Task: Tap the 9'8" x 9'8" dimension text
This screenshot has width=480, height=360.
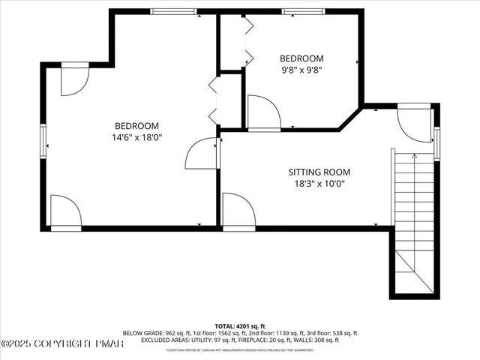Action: [301, 71]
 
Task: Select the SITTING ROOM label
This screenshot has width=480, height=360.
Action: [319, 172]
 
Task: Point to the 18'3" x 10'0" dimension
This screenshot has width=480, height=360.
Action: [319, 184]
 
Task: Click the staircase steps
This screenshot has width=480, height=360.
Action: [413, 217]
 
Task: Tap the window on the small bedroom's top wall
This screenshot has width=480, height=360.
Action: [304, 12]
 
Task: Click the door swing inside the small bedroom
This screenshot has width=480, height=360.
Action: [262, 112]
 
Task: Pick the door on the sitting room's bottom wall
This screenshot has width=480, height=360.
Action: [238, 210]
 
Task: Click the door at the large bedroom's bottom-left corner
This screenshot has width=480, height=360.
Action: [66, 211]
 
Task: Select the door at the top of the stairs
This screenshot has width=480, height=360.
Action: [414, 121]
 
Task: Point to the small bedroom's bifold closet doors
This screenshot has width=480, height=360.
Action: [247, 41]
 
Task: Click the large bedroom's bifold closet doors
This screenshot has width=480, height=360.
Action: [213, 101]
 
